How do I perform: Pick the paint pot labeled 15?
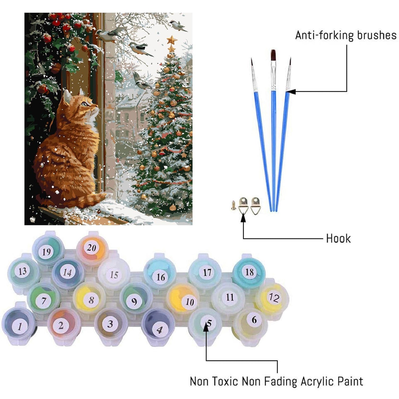[114, 274]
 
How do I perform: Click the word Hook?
[338, 238]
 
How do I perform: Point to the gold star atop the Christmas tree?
[172, 40]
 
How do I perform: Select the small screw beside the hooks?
[234, 205]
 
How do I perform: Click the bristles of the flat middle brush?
[273, 55]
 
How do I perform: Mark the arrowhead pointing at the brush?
[290, 92]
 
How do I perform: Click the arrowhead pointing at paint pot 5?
[206, 328]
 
